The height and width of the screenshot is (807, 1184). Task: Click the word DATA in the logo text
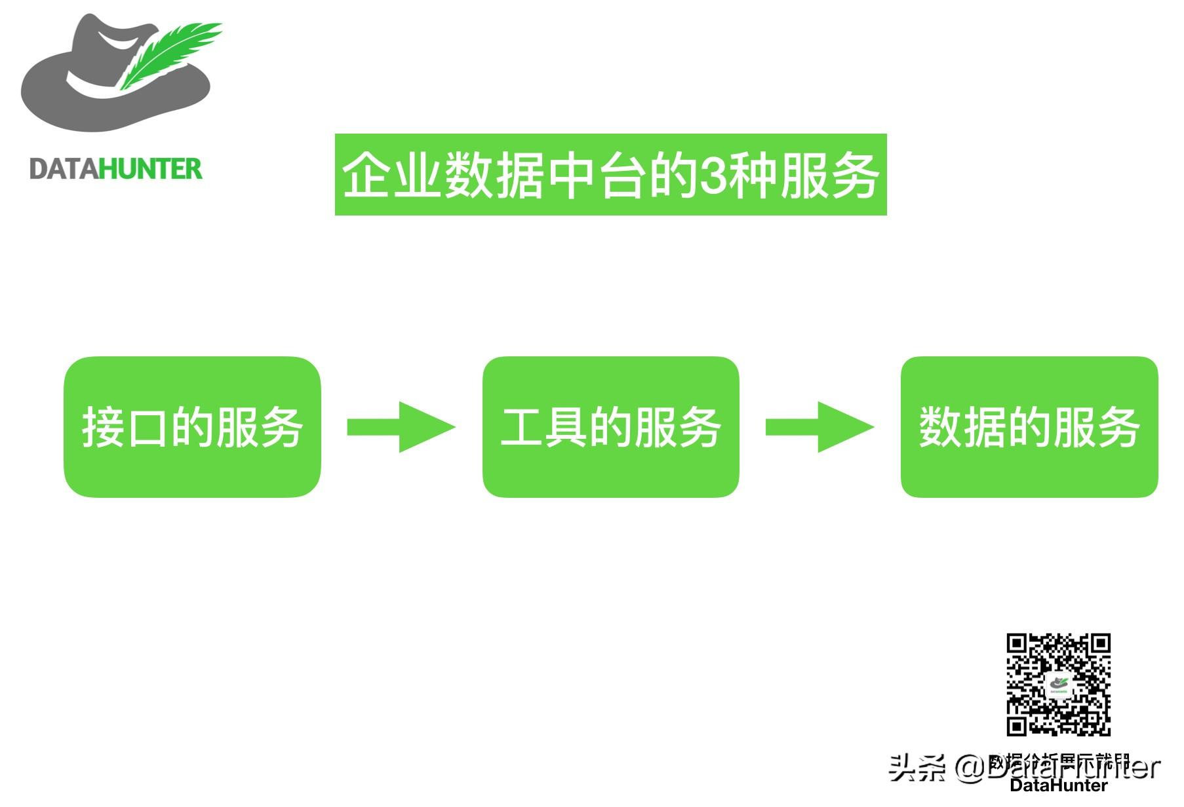pos(64,169)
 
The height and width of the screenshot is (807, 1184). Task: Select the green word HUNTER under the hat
pos(151,169)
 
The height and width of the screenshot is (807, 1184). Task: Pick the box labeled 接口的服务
pos(192,426)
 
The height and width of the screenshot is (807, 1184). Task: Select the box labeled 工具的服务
pos(610,426)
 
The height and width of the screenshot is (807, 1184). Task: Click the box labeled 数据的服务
pos(1029,426)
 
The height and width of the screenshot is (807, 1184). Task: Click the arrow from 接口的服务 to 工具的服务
pos(401,427)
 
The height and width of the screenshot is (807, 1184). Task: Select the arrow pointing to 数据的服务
pos(819,427)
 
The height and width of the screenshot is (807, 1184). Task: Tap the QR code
pos(1058,684)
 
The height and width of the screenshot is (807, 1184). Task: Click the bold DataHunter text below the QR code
pos(1058,785)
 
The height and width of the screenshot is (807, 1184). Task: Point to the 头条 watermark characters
pos(917,767)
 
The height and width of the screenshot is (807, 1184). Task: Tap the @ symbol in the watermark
pos(970,768)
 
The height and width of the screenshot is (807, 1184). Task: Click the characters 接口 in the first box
pos(125,427)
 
